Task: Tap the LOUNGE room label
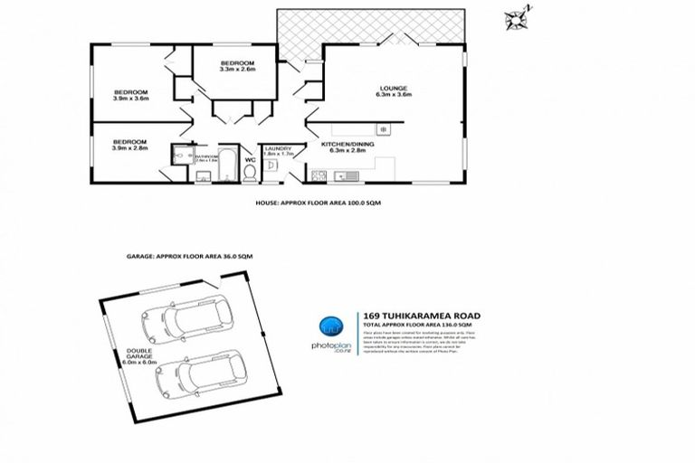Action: pos(395,89)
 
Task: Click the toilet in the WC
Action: pos(251,172)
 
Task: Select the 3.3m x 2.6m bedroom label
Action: pos(238,65)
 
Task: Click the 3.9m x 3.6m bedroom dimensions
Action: pos(130,99)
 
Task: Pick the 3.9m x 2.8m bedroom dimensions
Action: pos(130,147)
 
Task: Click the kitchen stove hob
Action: pos(384,130)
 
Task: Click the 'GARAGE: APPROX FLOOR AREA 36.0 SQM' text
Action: pos(189,258)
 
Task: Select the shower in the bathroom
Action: pos(176,156)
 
